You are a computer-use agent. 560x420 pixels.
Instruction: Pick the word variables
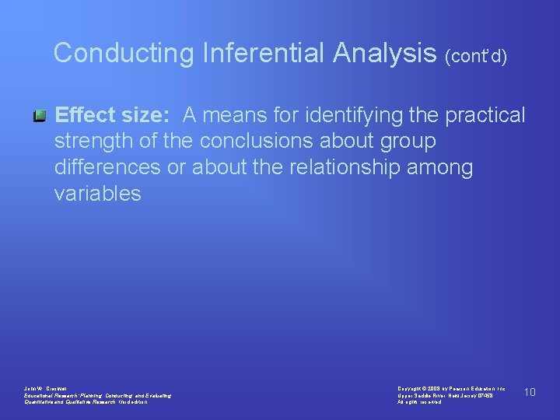[98, 194]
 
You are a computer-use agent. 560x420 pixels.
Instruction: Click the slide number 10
[530, 392]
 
